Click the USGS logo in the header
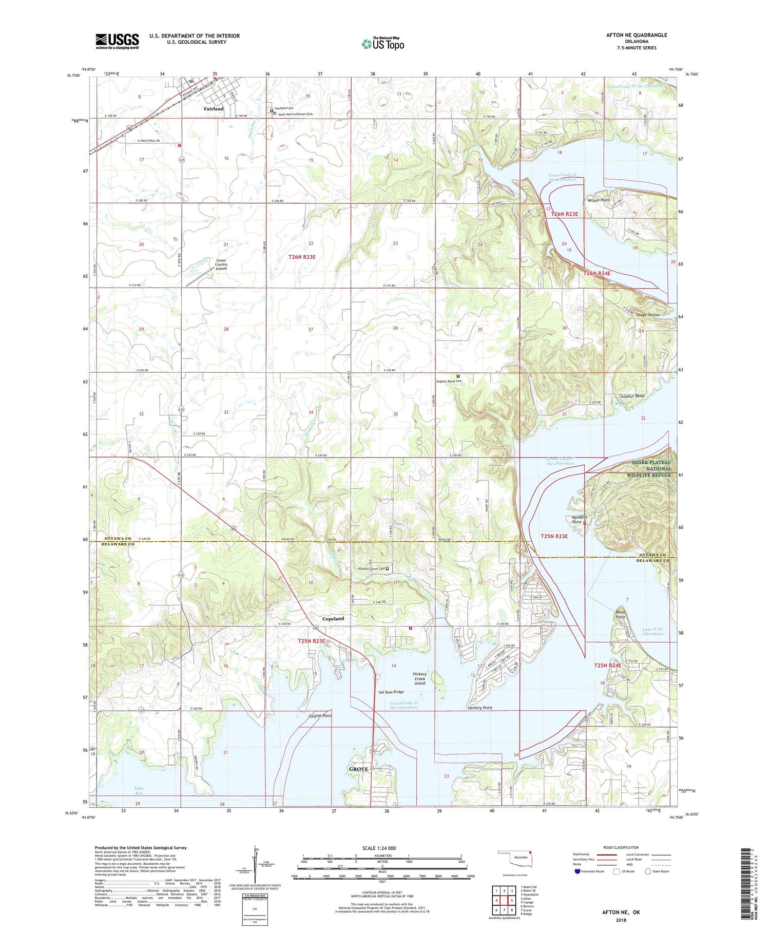pyautogui.click(x=117, y=41)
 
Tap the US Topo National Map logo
pyautogui.click(x=382, y=44)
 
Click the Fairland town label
pyautogui.click(x=214, y=109)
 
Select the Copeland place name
pyautogui.click(x=333, y=619)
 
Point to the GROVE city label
pyautogui.click(x=358, y=769)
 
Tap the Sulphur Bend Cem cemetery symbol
pyautogui.click(x=458, y=376)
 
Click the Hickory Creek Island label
pyautogui.click(x=419, y=678)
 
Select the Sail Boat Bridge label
pyautogui.click(x=391, y=692)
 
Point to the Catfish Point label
pyautogui.click(x=320, y=716)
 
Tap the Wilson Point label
pyautogui.click(x=599, y=200)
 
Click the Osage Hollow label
pyautogui.click(x=648, y=315)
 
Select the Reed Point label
pyautogui.click(x=621, y=615)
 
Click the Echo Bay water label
pyautogui.click(x=139, y=791)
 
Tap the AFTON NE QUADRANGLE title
pyautogui.click(x=637, y=35)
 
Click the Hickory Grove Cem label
pyautogui.click(x=371, y=568)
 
